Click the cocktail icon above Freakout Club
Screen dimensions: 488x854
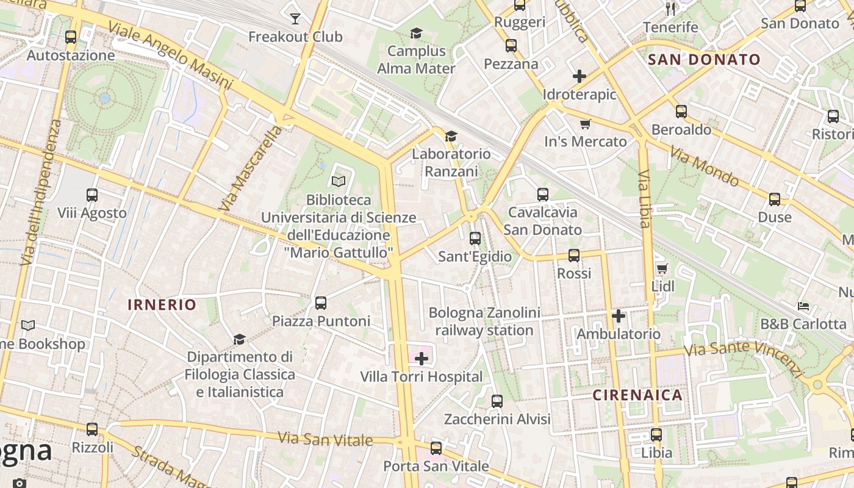[x=295, y=19]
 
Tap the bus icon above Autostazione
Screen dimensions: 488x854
[x=71, y=37]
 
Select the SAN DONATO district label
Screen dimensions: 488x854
[x=704, y=60]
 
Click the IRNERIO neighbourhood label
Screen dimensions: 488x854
[x=162, y=305]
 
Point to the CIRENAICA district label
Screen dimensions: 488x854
[x=637, y=395]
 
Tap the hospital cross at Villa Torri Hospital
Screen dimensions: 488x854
[x=422, y=359]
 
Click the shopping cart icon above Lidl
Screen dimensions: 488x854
[x=662, y=268]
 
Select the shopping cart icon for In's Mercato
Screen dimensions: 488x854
[x=586, y=124]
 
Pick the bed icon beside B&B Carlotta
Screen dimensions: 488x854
[x=803, y=306]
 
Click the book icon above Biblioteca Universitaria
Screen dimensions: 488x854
[x=339, y=181]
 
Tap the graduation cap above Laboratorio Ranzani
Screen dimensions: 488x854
[x=451, y=136]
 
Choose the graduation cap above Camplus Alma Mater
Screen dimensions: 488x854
[x=416, y=33]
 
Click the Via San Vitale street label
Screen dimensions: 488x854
[x=325, y=439]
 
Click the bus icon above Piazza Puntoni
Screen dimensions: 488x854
[x=321, y=303]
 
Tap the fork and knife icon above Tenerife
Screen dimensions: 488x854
[x=671, y=9]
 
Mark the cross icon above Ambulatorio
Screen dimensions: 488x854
[x=619, y=316]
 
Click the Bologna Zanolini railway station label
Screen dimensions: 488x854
[x=484, y=321]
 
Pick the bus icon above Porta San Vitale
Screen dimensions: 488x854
[x=436, y=448]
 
